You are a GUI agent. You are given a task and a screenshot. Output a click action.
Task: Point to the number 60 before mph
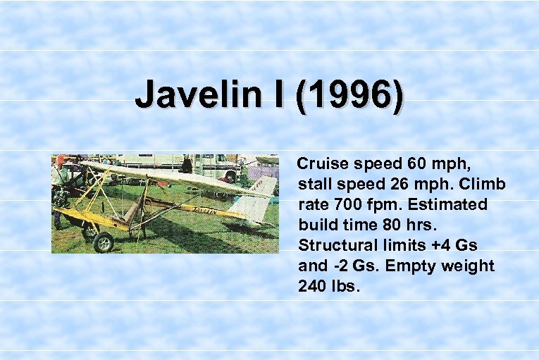[416, 164]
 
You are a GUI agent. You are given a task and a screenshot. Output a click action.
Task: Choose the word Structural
[335, 246]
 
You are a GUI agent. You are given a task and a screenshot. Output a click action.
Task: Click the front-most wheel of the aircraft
[104, 242]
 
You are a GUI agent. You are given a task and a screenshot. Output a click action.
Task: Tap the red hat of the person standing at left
[61, 159]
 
